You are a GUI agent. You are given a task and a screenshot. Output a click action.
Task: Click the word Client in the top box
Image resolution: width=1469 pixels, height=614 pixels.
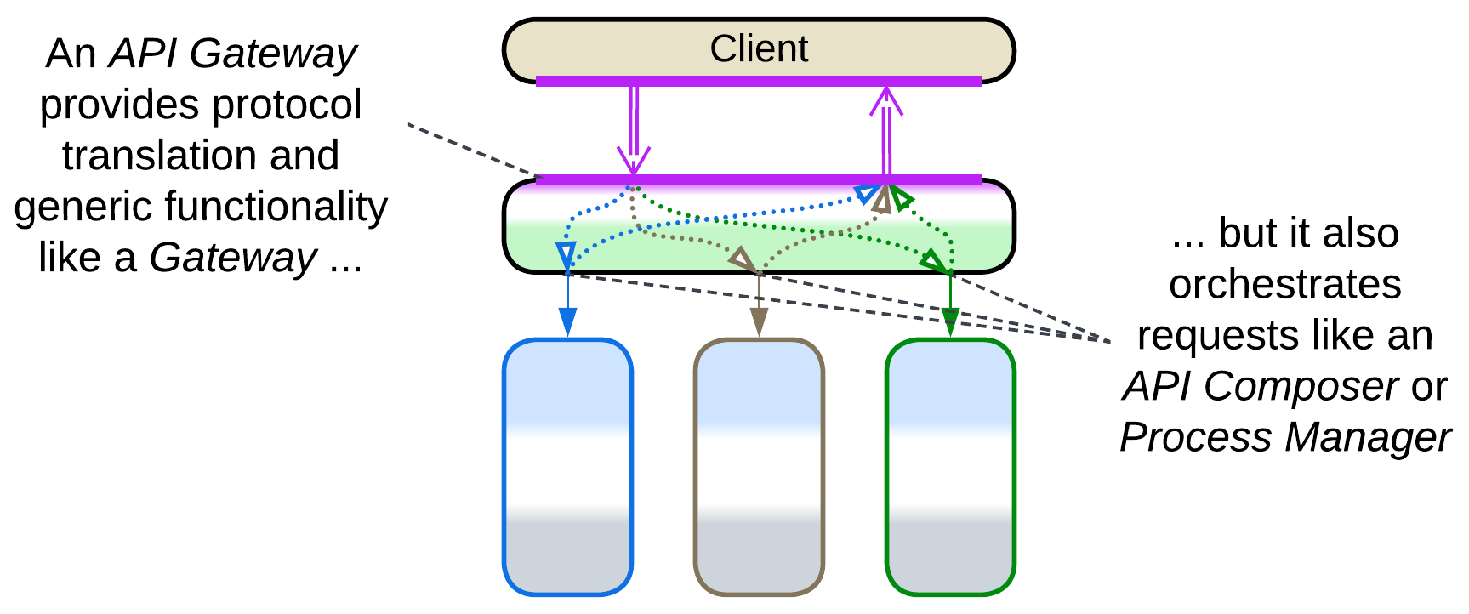pyautogui.click(x=759, y=48)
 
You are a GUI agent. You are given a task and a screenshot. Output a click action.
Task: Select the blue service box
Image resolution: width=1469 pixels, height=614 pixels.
pyautogui.click(x=567, y=468)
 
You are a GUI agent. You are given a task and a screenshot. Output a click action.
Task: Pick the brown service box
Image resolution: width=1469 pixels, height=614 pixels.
pyautogui.click(x=759, y=468)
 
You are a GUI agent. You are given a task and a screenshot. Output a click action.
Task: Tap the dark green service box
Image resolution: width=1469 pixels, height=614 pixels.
pyautogui.click(x=950, y=468)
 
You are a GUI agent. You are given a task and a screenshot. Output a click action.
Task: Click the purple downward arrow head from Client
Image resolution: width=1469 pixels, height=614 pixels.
pyautogui.click(x=633, y=161)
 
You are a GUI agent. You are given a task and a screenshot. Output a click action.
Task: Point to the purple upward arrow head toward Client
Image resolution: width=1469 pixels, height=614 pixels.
pyautogui.click(x=886, y=100)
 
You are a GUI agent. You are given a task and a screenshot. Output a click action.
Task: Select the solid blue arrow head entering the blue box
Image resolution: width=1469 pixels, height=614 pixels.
pyautogui.click(x=567, y=322)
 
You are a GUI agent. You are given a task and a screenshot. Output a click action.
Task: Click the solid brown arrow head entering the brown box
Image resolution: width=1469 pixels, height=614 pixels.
pyautogui.click(x=759, y=322)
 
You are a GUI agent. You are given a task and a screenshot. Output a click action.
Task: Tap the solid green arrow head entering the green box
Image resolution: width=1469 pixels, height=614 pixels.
pyautogui.click(x=950, y=321)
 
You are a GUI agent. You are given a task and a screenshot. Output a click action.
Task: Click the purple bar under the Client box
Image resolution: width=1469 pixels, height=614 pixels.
pyautogui.click(x=759, y=81)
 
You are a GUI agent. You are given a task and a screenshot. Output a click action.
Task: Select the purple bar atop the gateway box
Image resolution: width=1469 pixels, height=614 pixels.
pyautogui.click(x=759, y=179)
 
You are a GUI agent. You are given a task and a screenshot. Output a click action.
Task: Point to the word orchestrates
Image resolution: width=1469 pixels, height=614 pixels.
pyautogui.click(x=1284, y=284)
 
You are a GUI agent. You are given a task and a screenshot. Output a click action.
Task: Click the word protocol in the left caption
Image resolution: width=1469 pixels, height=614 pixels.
pyautogui.click(x=287, y=105)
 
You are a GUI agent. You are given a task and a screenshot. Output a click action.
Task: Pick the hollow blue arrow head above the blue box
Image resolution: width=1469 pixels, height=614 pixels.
pyautogui.click(x=567, y=253)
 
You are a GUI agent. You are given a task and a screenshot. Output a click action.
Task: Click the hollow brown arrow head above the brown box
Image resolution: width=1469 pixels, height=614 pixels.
pyautogui.click(x=742, y=258)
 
